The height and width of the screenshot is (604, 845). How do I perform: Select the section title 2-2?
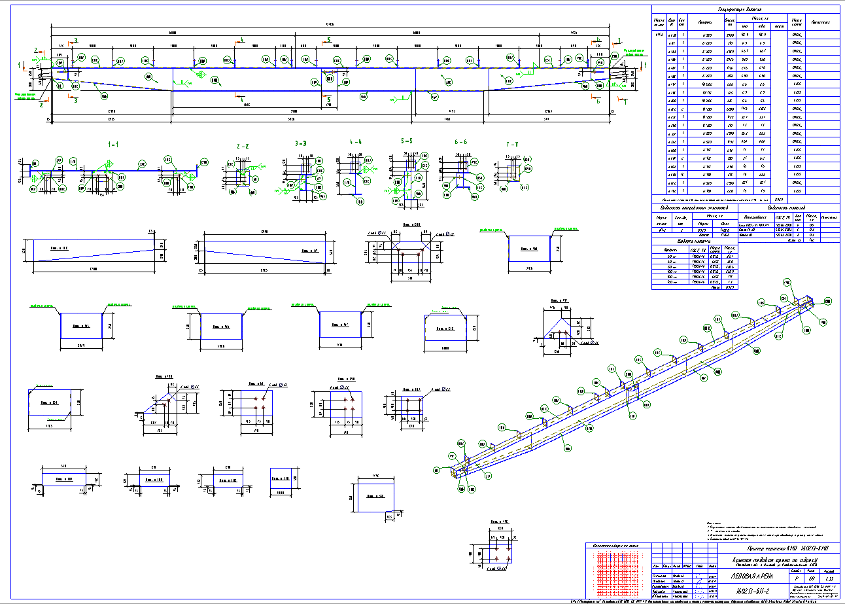click(242, 147)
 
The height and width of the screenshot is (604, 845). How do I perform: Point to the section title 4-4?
click(356, 142)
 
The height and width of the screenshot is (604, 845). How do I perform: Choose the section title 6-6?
click(460, 142)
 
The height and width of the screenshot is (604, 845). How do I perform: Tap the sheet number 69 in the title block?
click(811, 579)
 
